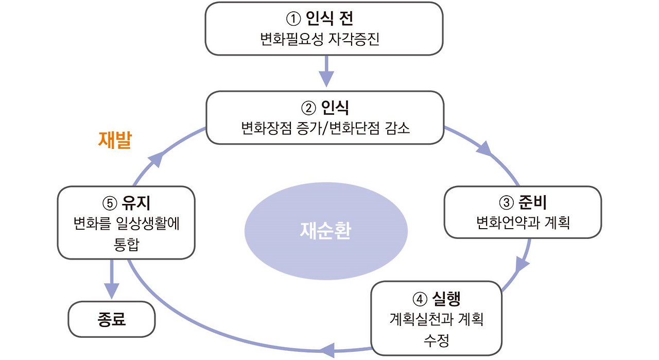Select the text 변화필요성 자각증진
click(324, 39)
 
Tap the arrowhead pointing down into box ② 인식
click(326, 78)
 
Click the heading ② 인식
click(324, 108)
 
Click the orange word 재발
click(114, 140)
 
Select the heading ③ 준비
click(523, 203)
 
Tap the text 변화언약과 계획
click(523, 223)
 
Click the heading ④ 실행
click(436, 299)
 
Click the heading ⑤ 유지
click(126, 203)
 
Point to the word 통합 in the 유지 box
click(126, 244)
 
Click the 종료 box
click(112, 319)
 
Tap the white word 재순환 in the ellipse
click(325, 231)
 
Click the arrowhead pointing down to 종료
click(112, 289)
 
